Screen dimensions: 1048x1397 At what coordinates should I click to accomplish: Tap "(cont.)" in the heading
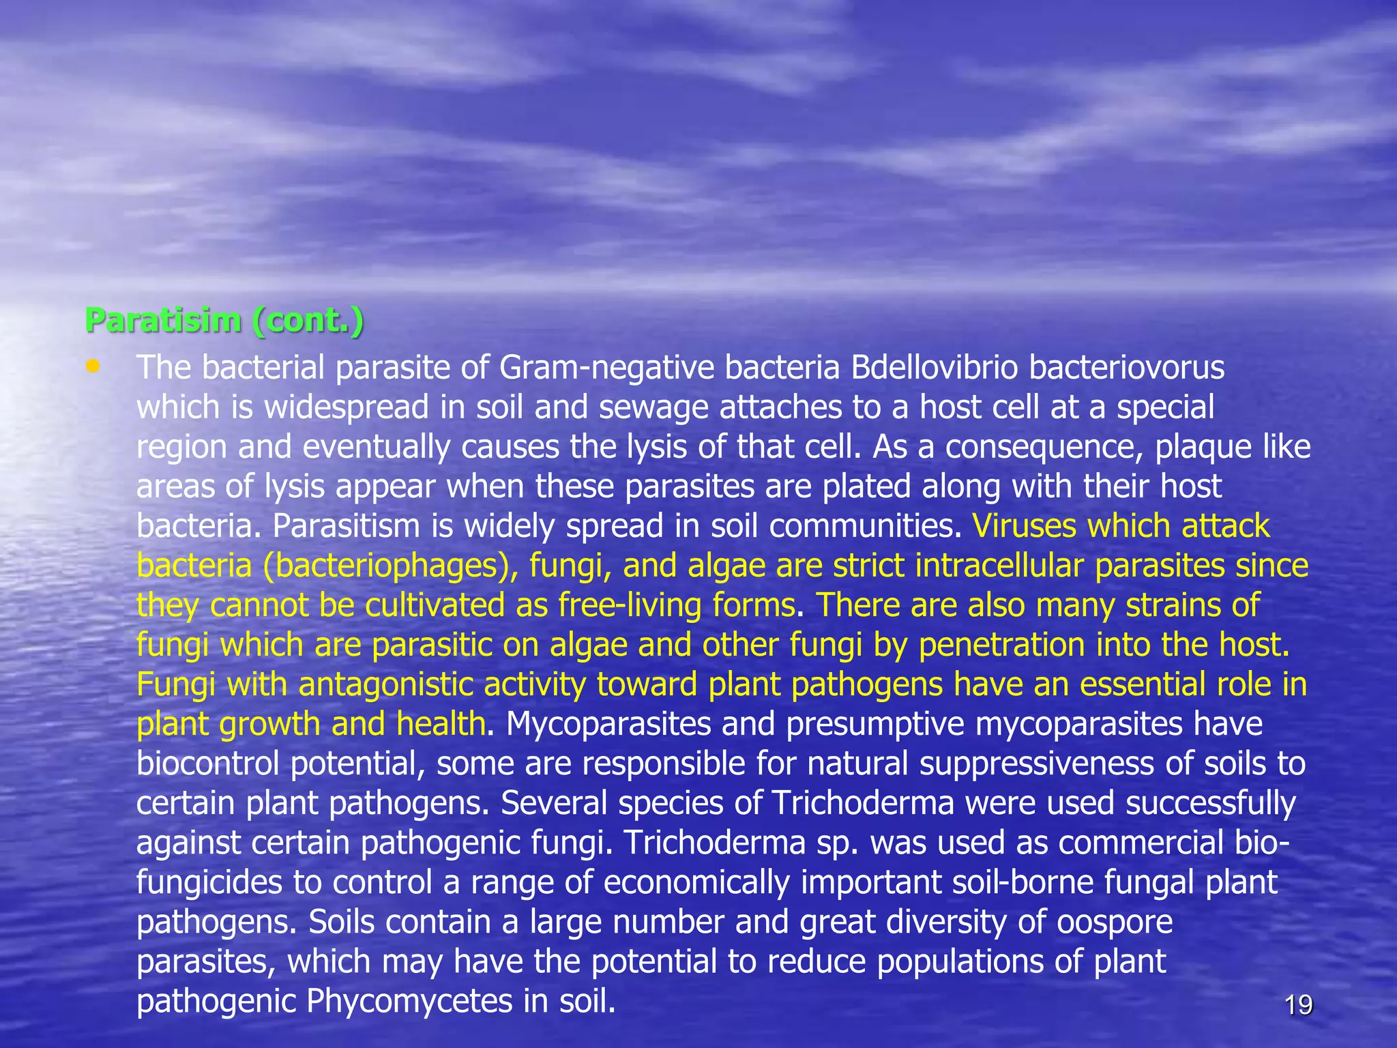point(307,320)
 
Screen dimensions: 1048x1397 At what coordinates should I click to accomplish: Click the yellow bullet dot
point(93,366)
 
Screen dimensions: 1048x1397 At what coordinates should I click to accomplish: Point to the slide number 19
point(1298,1005)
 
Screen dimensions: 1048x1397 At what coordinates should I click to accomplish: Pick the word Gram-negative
point(606,368)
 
